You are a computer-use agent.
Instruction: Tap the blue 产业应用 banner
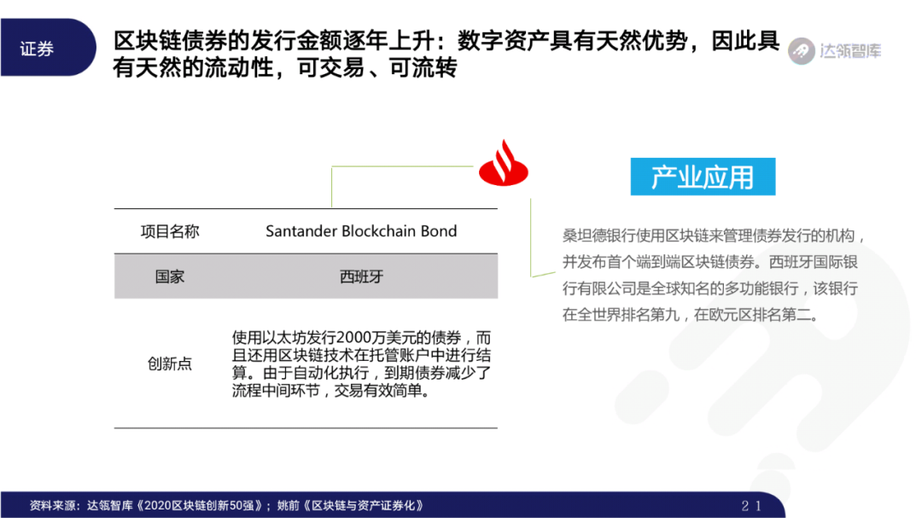pos(703,177)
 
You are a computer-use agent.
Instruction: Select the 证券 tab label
pos(37,49)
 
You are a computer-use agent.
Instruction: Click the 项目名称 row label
pos(170,231)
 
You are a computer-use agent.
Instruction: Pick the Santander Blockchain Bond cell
pos(361,231)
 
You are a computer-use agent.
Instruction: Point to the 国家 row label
pos(170,276)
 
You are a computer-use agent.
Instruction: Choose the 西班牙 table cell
pos(361,276)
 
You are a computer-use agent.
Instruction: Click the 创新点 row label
pos(170,364)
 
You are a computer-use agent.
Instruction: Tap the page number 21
pos(751,505)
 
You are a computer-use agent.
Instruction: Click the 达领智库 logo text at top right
pos(849,50)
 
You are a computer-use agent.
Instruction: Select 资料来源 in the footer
pos(53,505)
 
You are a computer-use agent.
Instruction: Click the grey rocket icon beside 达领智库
pos(801,50)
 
